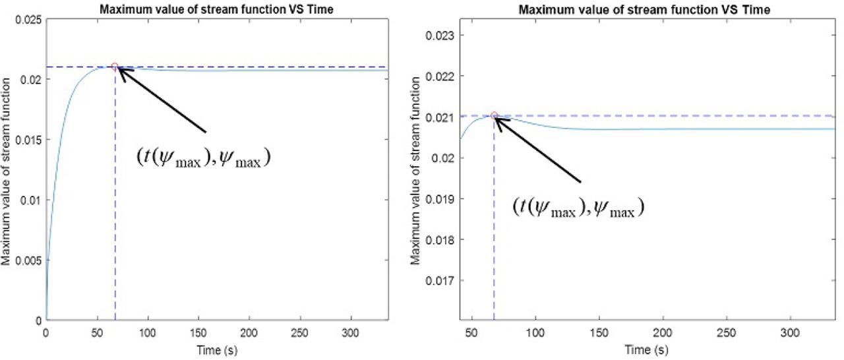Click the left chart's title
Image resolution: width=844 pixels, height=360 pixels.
(217, 9)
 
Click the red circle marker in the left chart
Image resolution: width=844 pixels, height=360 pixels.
(115, 67)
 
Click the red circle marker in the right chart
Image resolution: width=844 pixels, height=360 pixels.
(494, 115)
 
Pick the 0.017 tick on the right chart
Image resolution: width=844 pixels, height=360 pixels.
(441, 280)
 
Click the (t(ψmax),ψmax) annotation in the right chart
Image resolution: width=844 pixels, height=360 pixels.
(578, 206)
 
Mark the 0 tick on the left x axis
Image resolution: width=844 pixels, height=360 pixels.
(45, 334)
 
